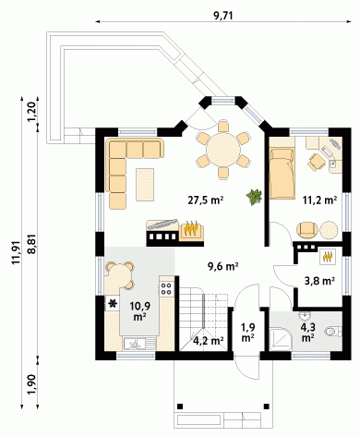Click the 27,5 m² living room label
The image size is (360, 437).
(x=206, y=200)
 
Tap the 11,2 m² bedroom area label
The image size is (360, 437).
(x=319, y=200)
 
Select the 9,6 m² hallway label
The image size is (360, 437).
(x=223, y=266)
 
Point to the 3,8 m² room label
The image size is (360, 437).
(x=319, y=281)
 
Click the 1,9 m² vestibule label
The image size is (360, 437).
(x=247, y=332)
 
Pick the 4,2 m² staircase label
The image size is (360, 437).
(x=208, y=341)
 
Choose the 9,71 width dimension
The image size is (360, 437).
(x=223, y=16)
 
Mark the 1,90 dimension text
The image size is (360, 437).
(x=32, y=384)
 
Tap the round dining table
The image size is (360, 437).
(x=223, y=150)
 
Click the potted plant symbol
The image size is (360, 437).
(x=254, y=197)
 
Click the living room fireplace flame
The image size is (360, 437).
(x=191, y=228)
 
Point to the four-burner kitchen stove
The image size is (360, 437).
(x=166, y=288)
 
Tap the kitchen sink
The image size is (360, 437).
(x=139, y=343)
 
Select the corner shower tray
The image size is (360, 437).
(x=280, y=339)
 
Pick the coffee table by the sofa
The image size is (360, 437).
(x=145, y=185)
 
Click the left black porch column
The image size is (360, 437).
(x=180, y=406)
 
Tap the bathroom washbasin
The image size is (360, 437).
(x=305, y=315)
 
